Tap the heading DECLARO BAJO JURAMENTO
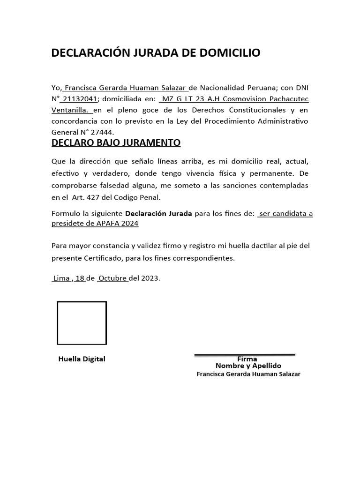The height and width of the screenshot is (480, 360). [x=116, y=142]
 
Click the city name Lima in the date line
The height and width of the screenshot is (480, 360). [x=61, y=278]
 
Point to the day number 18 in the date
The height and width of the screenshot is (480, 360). [x=80, y=278]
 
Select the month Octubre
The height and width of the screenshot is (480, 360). [x=112, y=278]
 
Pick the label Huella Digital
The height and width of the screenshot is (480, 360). [x=82, y=359]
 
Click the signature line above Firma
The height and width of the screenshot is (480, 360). [x=245, y=355]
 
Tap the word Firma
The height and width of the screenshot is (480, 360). [x=247, y=359]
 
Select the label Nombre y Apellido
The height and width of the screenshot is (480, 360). [x=248, y=366]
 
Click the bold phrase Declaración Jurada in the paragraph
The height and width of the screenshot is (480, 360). [x=158, y=213]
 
